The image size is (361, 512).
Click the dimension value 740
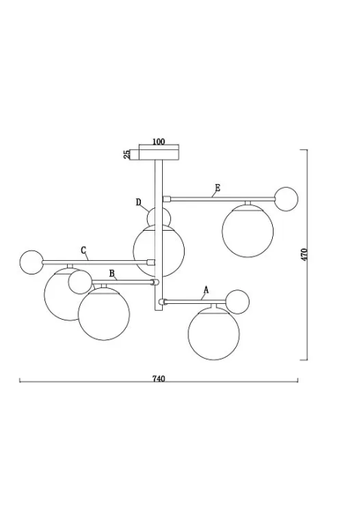[158, 379]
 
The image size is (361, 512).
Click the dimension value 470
[304, 254]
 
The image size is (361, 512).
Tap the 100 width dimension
[158, 142]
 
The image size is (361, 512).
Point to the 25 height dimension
[127, 155]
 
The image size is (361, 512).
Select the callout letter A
[206, 290]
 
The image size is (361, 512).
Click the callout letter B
[112, 273]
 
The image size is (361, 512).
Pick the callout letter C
[84, 250]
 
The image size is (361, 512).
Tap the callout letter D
[139, 202]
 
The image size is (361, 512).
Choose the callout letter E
[218, 188]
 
